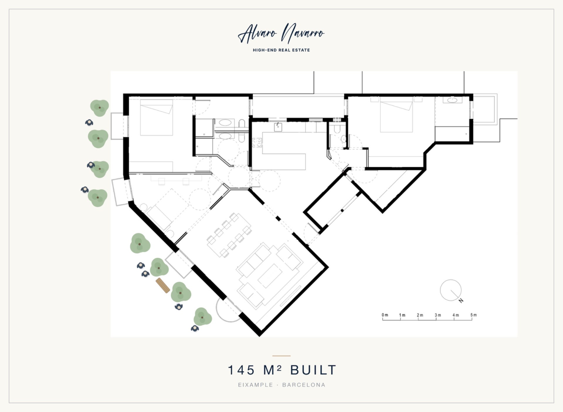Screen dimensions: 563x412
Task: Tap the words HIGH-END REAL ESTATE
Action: coord(281,50)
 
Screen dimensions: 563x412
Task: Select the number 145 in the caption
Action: coord(241,370)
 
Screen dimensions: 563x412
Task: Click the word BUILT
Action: coord(313,370)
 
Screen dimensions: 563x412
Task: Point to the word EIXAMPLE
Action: coord(255,385)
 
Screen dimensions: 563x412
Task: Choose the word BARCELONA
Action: coord(304,385)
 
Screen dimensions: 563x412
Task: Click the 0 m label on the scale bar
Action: coord(385,315)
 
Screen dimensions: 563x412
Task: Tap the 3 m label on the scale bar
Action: coord(438,315)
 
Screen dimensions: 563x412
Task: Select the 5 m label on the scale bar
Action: coord(474,315)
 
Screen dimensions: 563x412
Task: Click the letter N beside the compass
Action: coord(461,300)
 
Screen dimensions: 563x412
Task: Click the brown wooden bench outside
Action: coord(163,285)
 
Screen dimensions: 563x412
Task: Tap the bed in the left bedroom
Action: coord(156,118)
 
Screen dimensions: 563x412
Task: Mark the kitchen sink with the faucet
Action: coord(278,127)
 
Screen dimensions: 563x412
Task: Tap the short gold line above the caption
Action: coord(281,356)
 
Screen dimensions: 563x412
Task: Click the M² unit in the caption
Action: coord(273,370)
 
